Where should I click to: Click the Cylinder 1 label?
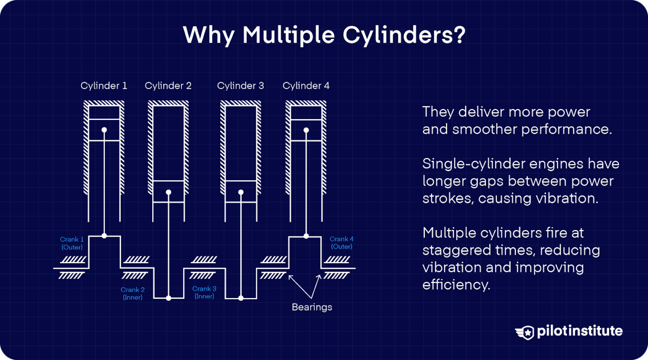coord(104,86)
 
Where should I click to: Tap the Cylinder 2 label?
coord(168,86)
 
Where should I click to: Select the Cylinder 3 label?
coord(240,86)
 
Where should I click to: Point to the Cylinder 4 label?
coord(306,86)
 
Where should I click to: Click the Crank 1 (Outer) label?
coord(72,243)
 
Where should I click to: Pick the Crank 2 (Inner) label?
coord(132,293)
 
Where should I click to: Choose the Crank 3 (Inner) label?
coord(204,292)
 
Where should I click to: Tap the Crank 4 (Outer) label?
coord(341,243)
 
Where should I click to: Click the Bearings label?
coord(312,307)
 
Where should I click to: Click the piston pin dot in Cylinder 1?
coord(104,130)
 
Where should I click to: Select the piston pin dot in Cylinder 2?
coord(169,192)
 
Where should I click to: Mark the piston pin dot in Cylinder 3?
coord(241,192)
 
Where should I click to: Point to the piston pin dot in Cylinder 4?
coord(306,130)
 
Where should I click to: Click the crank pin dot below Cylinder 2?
coord(169,298)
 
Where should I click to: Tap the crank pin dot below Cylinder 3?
coord(241,298)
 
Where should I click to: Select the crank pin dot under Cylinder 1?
coord(104,236)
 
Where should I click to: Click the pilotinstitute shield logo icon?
coord(525,332)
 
